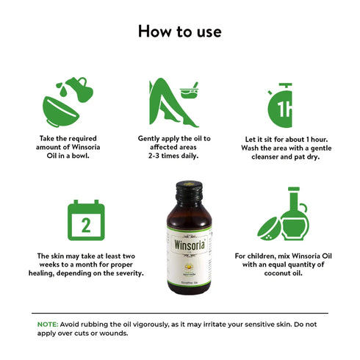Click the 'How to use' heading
point(179,32)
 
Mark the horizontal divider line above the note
point(180,314)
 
